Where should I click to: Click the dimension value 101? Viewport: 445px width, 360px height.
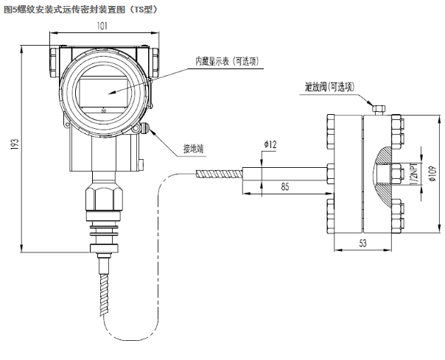pos(102,27)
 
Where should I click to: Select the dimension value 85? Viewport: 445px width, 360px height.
pos(284,187)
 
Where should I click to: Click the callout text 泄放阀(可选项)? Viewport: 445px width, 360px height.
pos(329,86)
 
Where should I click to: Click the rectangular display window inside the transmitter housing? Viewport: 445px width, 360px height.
pos(102,92)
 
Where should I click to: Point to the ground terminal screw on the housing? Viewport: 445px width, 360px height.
pos(145,128)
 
